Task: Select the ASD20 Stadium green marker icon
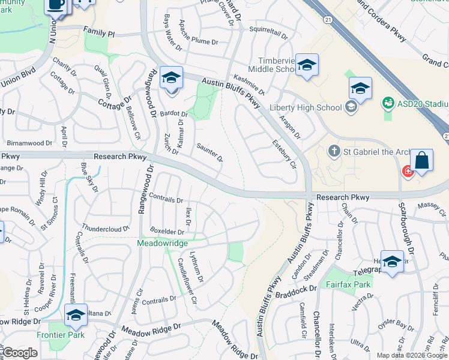click(x=388, y=103)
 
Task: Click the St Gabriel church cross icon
click(x=334, y=150)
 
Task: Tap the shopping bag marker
click(x=421, y=161)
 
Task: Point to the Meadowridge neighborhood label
click(x=163, y=243)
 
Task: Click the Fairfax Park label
click(x=348, y=284)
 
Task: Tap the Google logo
click(x=19, y=353)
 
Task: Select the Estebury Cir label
click(x=285, y=154)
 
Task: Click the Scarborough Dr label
click(x=408, y=225)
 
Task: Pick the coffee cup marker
click(x=56, y=4)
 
